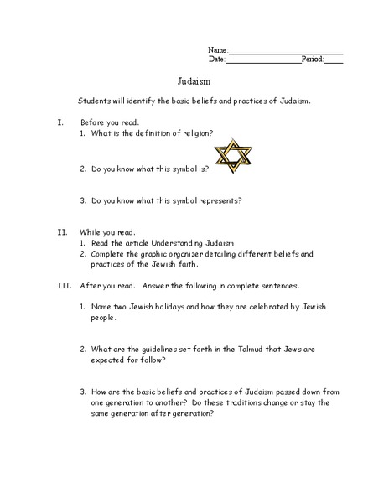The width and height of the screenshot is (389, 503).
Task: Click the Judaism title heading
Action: pyautogui.click(x=194, y=82)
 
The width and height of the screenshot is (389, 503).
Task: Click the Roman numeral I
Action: pyautogui.click(x=60, y=122)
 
